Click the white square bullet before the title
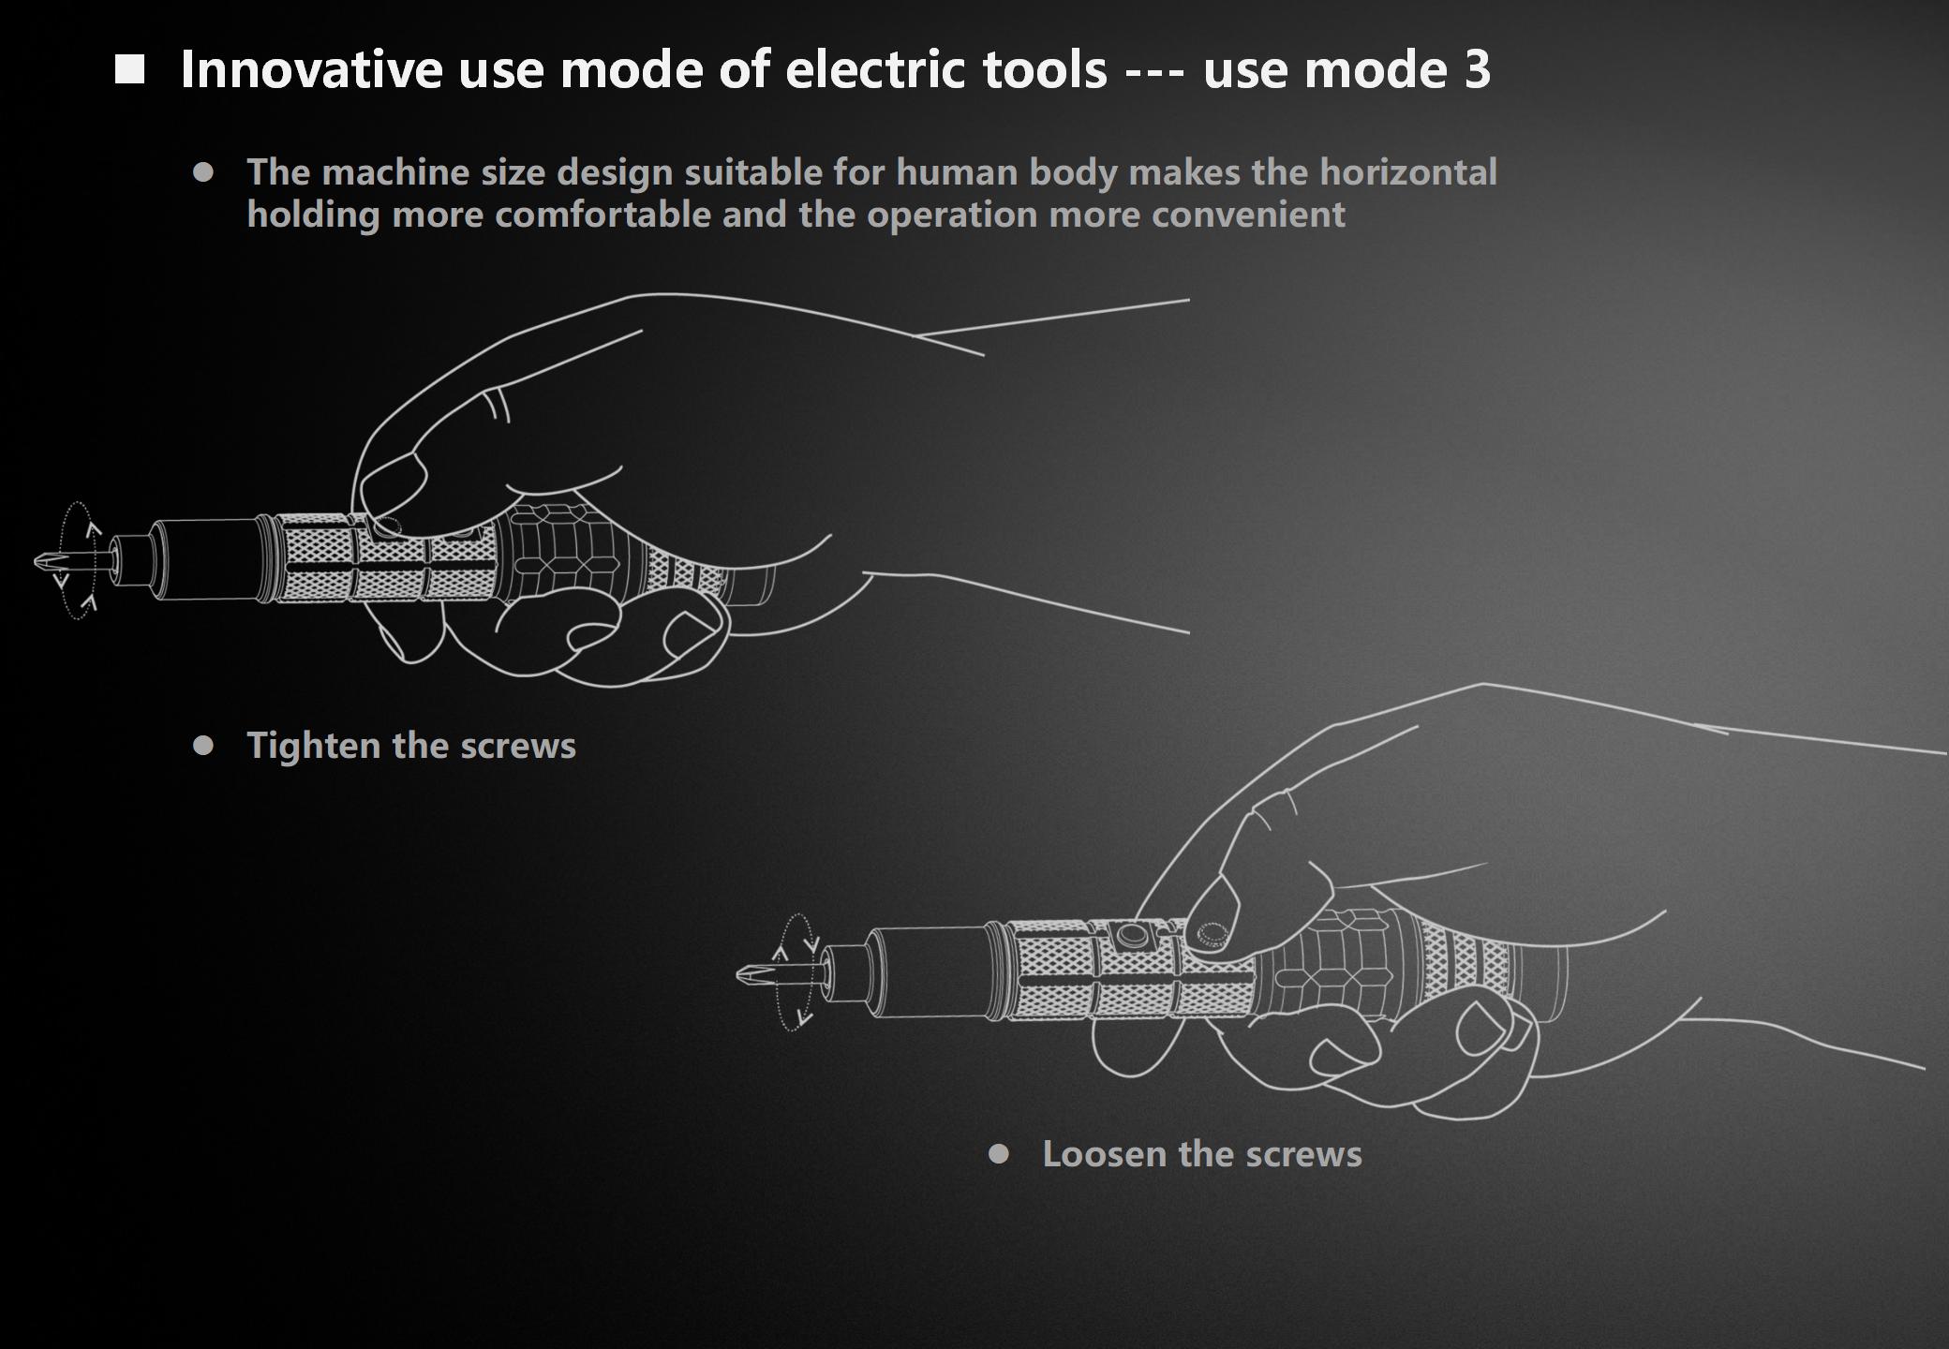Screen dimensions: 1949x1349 click(x=130, y=69)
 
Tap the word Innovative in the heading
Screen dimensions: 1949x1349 click(x=312, y=69)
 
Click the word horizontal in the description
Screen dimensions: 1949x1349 click(x=1408, y=172)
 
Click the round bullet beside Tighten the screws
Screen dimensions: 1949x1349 click(x=203, y=746)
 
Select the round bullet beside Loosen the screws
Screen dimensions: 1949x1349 click(x=999, y=1154)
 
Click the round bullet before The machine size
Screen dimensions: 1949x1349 click(x=203, y=172)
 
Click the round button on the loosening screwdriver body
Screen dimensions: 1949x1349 click(x=1132, y=936)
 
